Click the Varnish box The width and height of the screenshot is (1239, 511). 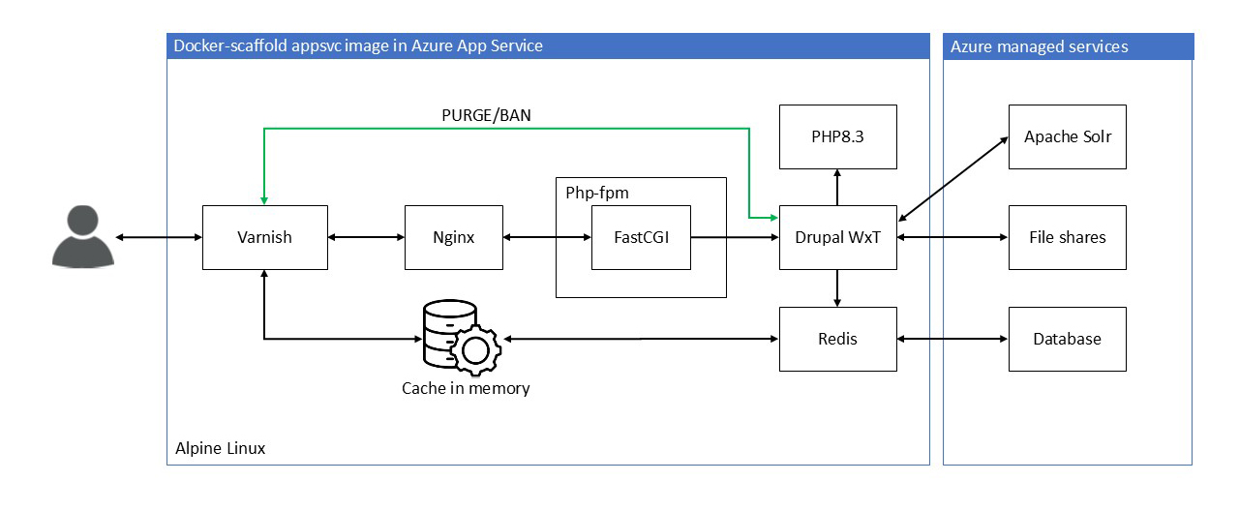[264, 237]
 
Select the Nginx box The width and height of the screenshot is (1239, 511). [453, 237]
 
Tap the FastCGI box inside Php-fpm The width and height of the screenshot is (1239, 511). [641, 237]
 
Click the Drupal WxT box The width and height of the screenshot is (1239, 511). [837, 237]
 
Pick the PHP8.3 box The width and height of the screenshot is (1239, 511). [837, 136]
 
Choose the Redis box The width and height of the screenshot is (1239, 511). [837, 339]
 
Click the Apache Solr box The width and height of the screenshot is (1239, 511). [1067, 136]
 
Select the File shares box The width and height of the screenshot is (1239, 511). [1067, 237]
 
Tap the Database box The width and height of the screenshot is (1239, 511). [1067, 339]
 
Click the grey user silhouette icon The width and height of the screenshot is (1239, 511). [82, 237]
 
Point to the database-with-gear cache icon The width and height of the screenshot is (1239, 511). [459, 338]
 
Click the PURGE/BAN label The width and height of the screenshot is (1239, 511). [486, 115]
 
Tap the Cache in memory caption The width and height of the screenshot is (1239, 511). [466, 389]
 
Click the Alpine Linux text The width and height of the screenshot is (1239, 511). [220, 449]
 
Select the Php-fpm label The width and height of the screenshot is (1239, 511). [596, 193]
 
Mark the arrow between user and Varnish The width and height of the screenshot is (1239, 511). [158, 237]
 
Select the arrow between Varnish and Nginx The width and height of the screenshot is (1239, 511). [366, 237]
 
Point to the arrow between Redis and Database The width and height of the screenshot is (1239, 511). [952, 339]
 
